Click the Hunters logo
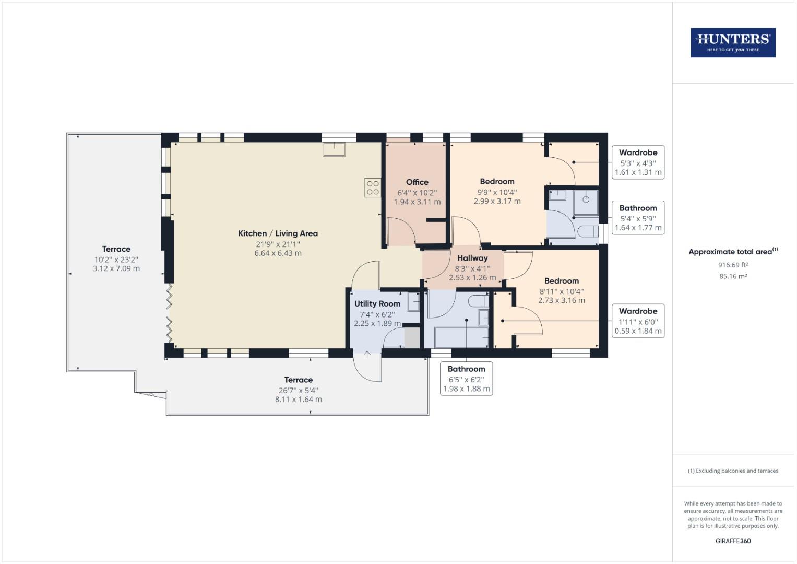(x=733, y=43)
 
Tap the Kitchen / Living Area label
(x=278, y=233)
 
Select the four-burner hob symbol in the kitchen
(x=373, y=188)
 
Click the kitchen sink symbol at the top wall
(x=334, y=149)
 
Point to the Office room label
(x=417, y=182)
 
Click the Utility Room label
(x=377, y=303)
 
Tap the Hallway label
(x=472, y=258)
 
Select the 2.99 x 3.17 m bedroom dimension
(x=497, y=201)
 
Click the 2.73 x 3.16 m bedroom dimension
(x=561, y=300)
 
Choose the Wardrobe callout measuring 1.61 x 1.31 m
(x=638, y=162)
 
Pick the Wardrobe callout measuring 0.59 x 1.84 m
(x=638, y=321)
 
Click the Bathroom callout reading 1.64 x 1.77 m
(x=638, y=218)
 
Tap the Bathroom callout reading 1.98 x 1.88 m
(x=466, y=379)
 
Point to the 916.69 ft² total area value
(x=733, y=265)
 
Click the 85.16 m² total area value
(x=733, y=276)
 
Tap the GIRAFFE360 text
(x=733, y=541)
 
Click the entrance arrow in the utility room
(x=367, y=354)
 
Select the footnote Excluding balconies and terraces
(x=733, y=471)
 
